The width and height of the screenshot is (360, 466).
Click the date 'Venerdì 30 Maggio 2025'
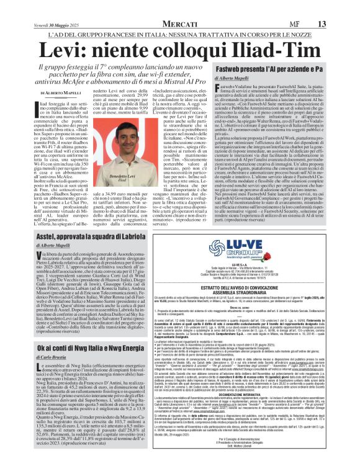(x=44, y=7)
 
